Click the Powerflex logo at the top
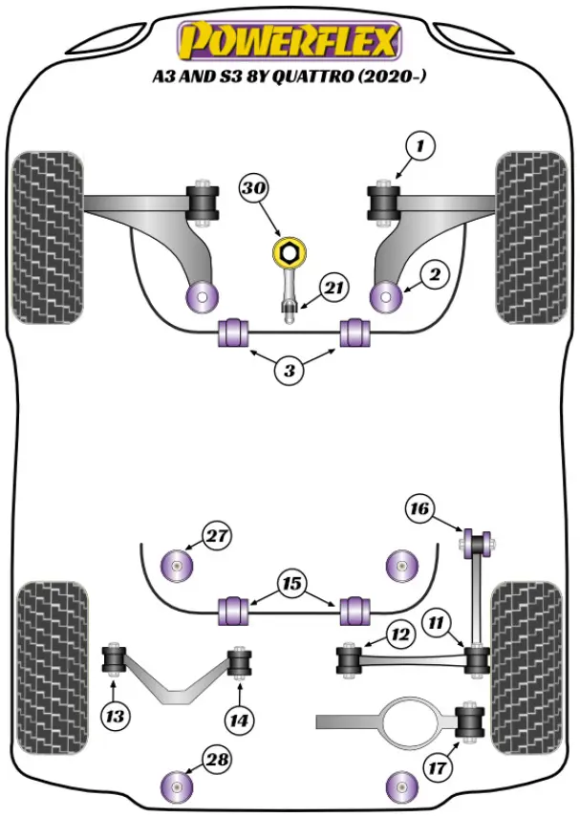290,41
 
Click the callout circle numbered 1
419,145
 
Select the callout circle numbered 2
434,275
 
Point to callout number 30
253,190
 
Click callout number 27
218,535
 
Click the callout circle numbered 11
438,624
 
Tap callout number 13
117,714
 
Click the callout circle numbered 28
218,761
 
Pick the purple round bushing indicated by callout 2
386,294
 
